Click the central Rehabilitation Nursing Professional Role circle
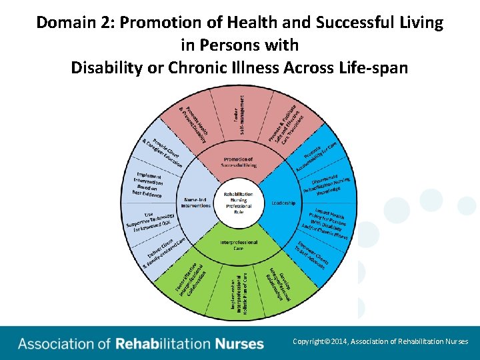pyautogui.click(x=239, y=202)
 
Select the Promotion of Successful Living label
pyautogui.click(x=238, y=163)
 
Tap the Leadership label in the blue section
pyautogui.click(x=283, y=203)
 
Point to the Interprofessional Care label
pyautogui.click(x=239, y=245)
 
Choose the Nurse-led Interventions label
pyautogui.click(x=196, y=202)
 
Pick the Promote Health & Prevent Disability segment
pyautogui.click(x=193, y=123)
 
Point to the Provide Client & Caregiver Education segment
pyautogui.click(x=163, y=153)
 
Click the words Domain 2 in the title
pyautogui.click(x=67, y=23)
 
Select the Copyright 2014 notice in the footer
pyautogui.click(x=380, y=341)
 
